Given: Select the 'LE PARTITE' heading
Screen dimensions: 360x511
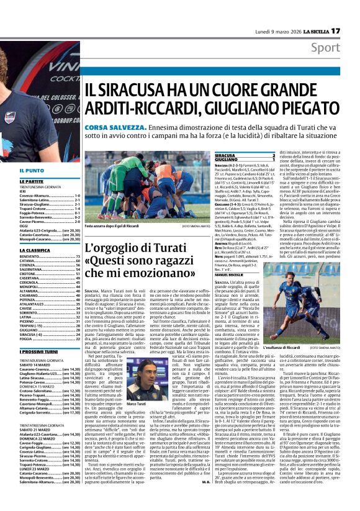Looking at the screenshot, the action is pyautogui.click(x=32, y=181).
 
